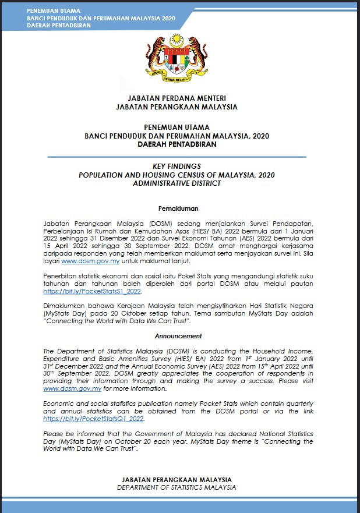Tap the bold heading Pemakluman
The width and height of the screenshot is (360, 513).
(x=178, y=208)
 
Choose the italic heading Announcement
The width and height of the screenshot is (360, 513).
(x=178, y=336)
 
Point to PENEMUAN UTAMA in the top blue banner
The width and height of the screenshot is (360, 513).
(x=53, y=11)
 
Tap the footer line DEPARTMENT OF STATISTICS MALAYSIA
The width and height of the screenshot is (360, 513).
(x=177, y=487)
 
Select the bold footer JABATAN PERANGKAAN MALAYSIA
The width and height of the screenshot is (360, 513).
(x=177, y=479)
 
